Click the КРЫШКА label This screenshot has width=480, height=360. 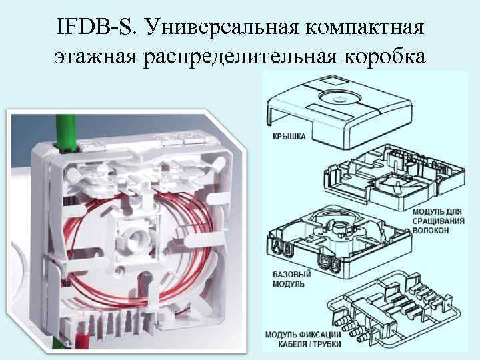click(288, 136)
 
